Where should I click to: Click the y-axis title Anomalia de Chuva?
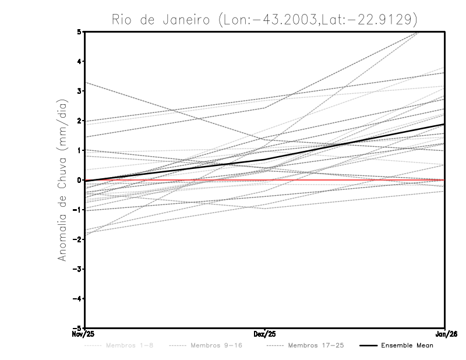point(61,179)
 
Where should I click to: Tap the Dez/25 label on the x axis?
point(264,334)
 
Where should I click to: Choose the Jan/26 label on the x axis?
point(445,334)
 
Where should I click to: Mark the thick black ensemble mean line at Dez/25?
point(264,160)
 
